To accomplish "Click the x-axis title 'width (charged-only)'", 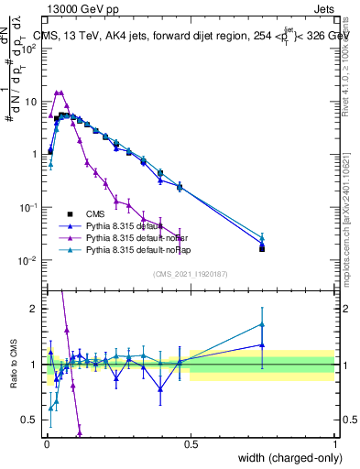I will coord(284,457).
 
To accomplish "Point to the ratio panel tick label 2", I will coord(36,309).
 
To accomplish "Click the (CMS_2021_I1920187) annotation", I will coord(191,274).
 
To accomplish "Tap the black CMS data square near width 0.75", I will coord(262,248).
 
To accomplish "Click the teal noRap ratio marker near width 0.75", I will coord(262,324).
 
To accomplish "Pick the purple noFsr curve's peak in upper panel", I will coord(60,93).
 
